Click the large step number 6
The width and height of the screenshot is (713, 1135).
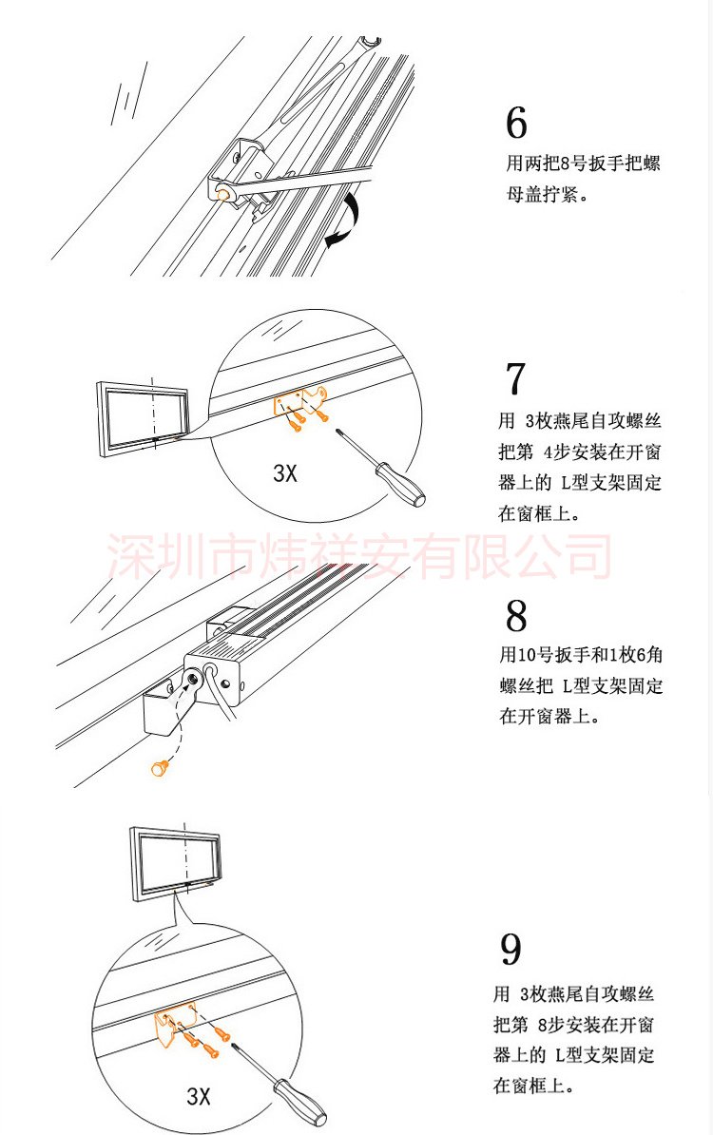tap(516, 123)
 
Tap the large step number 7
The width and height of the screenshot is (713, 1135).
tap(514, 377)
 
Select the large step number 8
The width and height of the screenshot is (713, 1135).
tap(516, 616)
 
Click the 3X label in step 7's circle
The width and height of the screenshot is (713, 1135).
tap(285, 472)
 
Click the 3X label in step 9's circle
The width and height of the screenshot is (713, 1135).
tap(199, 1095)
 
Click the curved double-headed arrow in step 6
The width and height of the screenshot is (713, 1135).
tap(342, 221)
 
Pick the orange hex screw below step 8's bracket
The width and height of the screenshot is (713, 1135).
tap(160, 766)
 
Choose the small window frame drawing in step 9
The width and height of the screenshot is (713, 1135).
tap(175, 865)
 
